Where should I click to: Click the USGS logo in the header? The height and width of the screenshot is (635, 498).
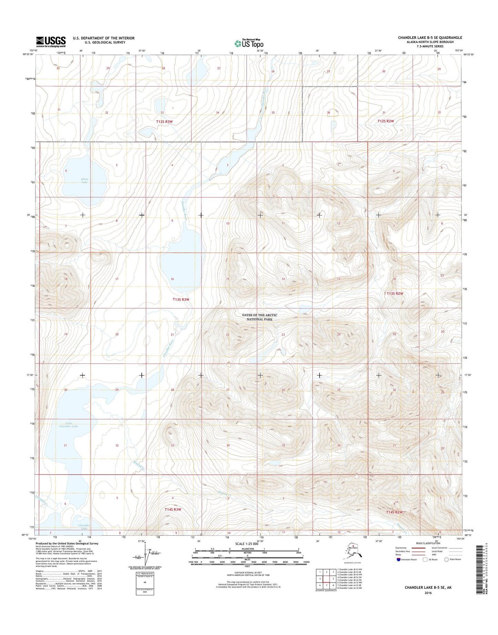click(51, 42)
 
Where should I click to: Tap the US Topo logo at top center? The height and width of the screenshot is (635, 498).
click(249, 43)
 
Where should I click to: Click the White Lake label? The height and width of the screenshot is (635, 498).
click(84, 181)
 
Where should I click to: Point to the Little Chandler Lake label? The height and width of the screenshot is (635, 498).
click(69, 425)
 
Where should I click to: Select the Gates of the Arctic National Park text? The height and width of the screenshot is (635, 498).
click(259, 317)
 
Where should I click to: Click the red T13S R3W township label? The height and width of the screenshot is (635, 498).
click(181, 300)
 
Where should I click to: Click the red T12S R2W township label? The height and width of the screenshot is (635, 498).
click(385, 121)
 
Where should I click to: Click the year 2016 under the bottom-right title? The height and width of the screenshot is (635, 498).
click(428, 593)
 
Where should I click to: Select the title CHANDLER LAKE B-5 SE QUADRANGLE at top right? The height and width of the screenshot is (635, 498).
click(430, 38)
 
